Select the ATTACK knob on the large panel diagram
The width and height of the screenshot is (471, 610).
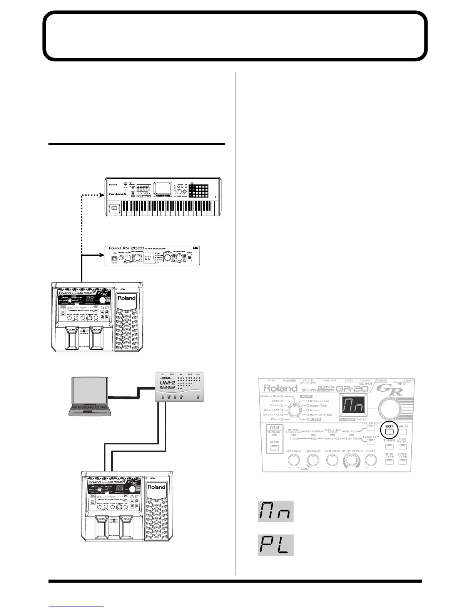click(294, 460)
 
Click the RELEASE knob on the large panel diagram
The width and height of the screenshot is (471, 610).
click(313, 460)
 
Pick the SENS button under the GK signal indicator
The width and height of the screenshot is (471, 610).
click(274, 447)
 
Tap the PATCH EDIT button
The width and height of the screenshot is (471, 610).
click(371, 442)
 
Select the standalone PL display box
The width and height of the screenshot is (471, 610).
click(276, 545)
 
